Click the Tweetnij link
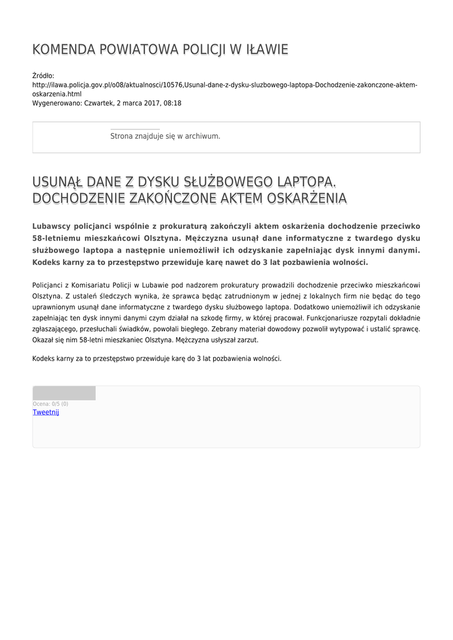pyautogui.click(x=46, y=412)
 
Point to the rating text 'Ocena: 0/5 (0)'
pyautogui.click(x=51, y=404)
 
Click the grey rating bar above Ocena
pyautogui.click(x=64, y=393)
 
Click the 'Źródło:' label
pyautogui.click(x=43, y=76)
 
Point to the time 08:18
pyautogui.click(x=172, y=102)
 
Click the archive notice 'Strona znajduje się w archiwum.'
pyautogui.click(x=165, y=136)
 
